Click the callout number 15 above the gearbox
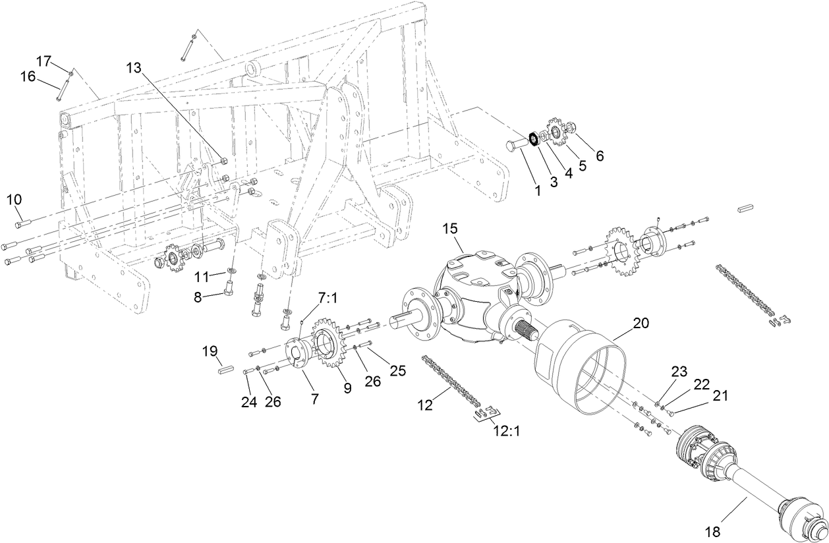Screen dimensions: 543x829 tap(449, 228)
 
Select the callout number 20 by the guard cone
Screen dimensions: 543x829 tap(641, 323)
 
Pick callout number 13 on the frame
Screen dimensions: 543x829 tap(134, 68)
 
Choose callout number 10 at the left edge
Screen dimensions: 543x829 tap(14, 199)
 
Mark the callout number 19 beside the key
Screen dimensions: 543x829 tap(210, 352)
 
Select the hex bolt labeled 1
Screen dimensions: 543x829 tap(517, 144)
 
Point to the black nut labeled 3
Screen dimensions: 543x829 tap(534, 140)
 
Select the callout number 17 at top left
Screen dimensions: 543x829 tap(43, 61)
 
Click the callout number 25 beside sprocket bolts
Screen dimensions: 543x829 tap(397, 370)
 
